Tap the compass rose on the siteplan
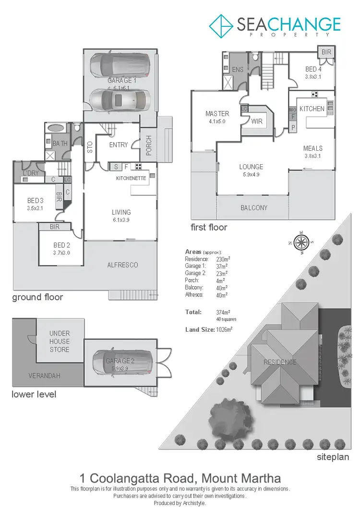301,241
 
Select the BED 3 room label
35,200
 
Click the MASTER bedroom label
217,114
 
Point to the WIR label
257,121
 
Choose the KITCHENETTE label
130,178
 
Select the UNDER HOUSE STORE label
60,341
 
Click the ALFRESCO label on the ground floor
122,265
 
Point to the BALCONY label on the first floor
254,208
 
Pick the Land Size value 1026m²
223,329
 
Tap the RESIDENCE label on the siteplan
280,362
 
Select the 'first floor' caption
209,227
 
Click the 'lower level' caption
34,394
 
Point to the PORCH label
149,146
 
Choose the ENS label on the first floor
238,70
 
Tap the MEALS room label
313,148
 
